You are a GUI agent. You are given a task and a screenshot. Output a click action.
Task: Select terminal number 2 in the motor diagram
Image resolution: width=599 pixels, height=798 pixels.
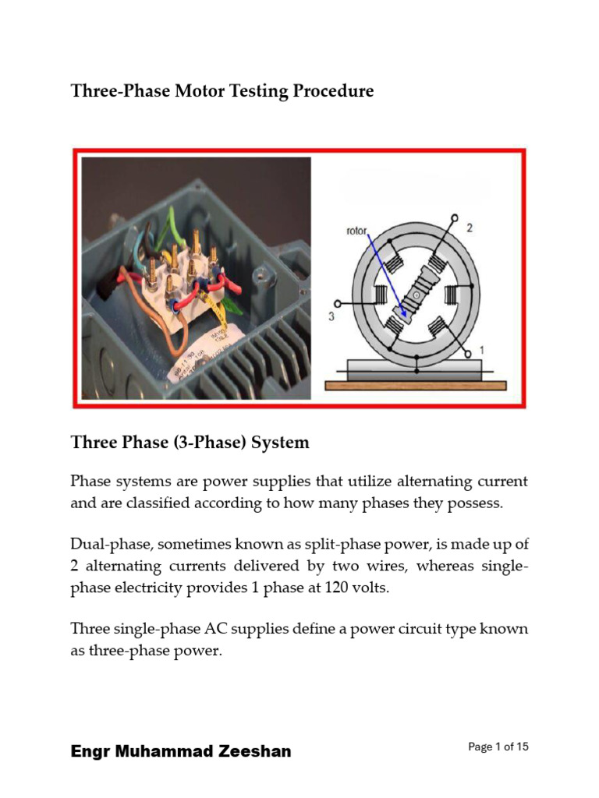(x=469, y=228)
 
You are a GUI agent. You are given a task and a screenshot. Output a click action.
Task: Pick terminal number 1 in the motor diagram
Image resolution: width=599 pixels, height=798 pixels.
(x=481, y=351)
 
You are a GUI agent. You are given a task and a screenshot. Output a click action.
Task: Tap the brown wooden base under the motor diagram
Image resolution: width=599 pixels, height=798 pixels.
(x=415, y=385)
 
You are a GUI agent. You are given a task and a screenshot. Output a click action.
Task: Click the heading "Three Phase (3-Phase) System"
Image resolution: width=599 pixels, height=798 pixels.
(x=190, y=443)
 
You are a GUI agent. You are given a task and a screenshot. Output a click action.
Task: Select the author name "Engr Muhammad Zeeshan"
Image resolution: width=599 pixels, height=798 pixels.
(x=181, y=751)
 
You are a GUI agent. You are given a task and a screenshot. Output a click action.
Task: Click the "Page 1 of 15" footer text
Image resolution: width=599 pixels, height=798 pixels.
(x=498, y=747)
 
